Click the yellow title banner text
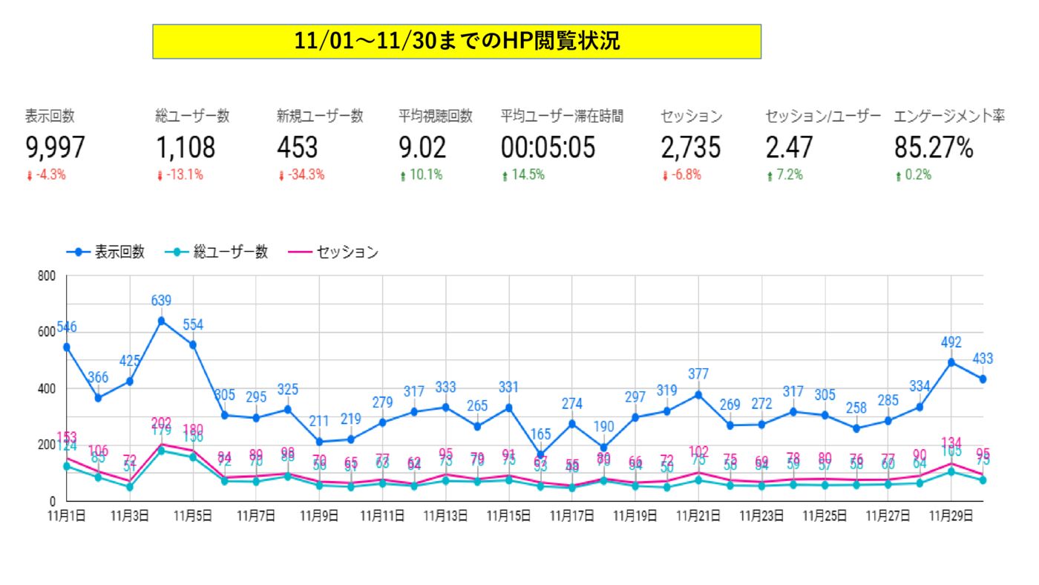456,41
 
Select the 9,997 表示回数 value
55,148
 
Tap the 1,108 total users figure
186,148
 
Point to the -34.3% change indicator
302,176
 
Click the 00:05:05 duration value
548,148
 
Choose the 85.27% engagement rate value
933,148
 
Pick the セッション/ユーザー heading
823,117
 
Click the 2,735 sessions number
690,148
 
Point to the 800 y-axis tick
47,276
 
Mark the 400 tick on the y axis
47,389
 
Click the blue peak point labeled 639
161,321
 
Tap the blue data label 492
951,343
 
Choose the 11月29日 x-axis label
951,515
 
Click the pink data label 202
161,424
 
